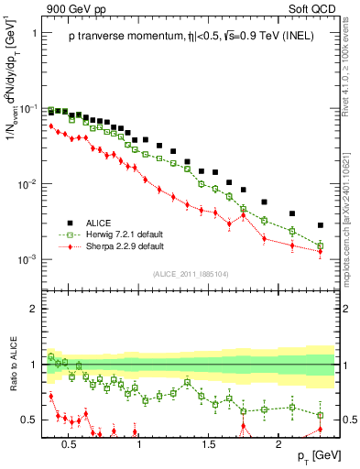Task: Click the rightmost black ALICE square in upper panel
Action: point(320,224)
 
